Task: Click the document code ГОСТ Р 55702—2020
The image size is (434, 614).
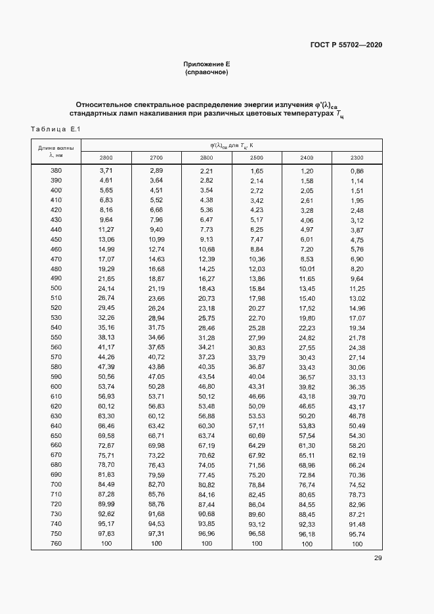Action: tap(346, 45)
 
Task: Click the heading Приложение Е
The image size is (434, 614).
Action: tap(207, 64)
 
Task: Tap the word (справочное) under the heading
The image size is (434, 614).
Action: tap(207, 72)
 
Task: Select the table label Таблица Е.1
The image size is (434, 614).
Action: tap(55, 128)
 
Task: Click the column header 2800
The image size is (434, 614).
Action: tap(106, 158)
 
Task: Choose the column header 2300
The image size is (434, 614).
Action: tap(357, 158)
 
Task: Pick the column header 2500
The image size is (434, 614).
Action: tap(257, 158)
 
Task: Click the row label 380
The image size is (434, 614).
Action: tap(56, 171)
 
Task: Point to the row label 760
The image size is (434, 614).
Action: tap(56, 544)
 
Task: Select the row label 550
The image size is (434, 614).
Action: tap(56, 337)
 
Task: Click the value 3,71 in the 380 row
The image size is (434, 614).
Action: tap(106, 171)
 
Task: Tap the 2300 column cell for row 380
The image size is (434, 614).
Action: tap(357, 171)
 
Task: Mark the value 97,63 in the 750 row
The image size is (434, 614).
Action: tap(106, 534)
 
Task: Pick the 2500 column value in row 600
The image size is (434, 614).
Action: tap(257, 387)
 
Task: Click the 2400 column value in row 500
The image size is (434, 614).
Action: tap(307, 288)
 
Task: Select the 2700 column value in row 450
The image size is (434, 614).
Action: tap(156, 239)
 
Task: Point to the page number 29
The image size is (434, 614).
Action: tap(378, 559)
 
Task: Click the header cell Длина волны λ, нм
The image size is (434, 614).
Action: tap(56, 152)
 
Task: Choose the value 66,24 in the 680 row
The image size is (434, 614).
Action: tap(357, 465)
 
